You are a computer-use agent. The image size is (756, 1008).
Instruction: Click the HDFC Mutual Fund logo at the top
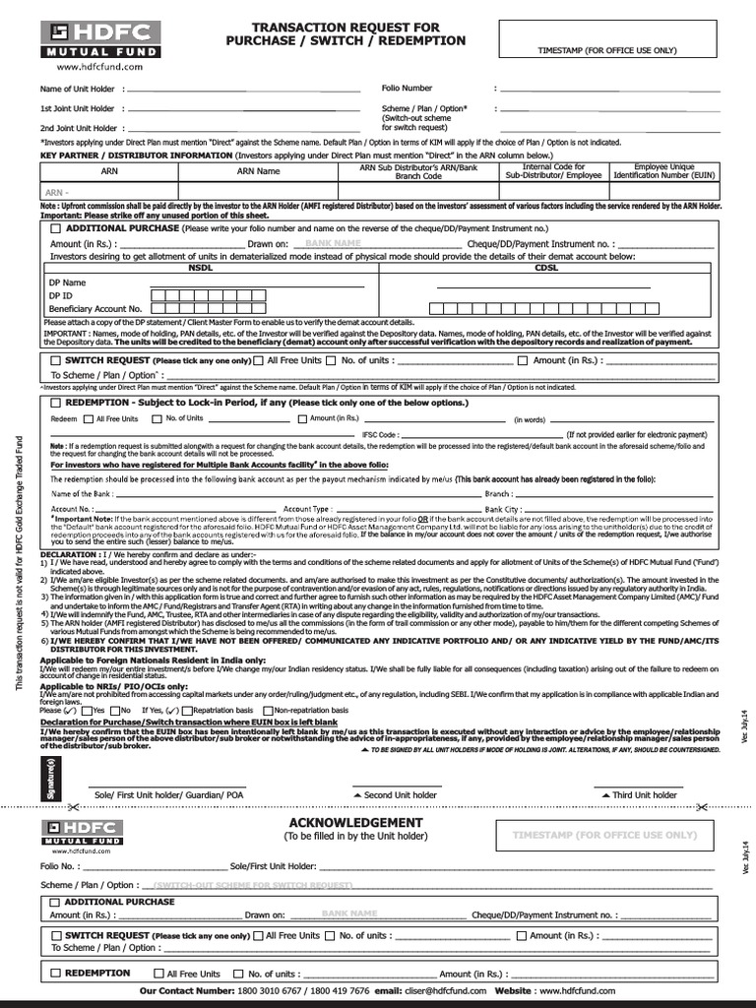coord(88,40)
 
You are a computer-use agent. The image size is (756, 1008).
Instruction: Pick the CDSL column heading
coord(545,267)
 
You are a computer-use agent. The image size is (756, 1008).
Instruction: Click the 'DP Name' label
coord(68,283)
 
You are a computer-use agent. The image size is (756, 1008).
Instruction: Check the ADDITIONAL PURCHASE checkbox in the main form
coord(55,228)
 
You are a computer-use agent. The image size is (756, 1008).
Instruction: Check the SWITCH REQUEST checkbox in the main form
coord(55,361)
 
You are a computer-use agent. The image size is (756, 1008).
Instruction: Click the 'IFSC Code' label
coord(380,434)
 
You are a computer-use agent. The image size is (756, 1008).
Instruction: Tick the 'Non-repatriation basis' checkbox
coord(268,710)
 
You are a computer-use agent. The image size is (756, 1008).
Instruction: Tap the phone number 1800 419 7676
coord(337,990)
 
